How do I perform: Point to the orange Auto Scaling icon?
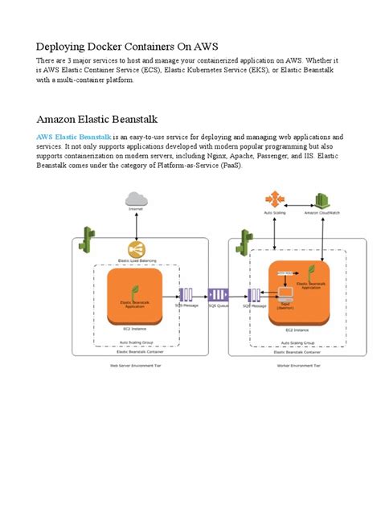274,199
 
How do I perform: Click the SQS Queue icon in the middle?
218,295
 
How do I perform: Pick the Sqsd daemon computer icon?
284,301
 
